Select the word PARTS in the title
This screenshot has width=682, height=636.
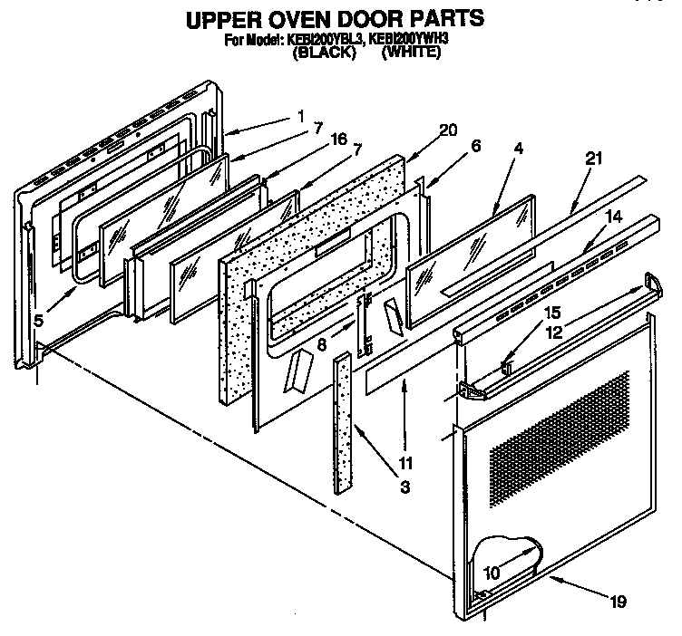coord(441,18)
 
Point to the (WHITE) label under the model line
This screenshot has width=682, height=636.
coord(411,53)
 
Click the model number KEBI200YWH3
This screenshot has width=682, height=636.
coord(407,40)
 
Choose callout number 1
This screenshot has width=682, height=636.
coord(299,115)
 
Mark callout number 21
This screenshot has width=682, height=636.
coord(594,159)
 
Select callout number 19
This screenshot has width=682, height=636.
coord(618,600)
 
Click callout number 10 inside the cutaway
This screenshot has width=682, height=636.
coord(492,573)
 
